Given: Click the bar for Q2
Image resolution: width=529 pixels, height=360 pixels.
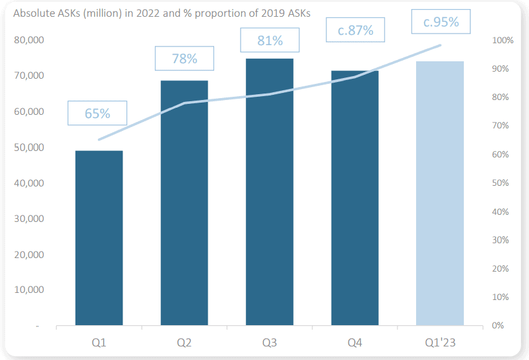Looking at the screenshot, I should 184,203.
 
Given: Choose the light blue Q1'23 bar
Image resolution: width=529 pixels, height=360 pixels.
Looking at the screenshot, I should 440,193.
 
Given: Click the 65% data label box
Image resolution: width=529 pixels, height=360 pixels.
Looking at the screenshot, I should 97,114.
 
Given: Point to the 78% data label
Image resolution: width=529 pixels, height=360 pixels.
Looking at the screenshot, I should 184,59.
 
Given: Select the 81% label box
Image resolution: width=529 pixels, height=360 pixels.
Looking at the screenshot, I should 270,41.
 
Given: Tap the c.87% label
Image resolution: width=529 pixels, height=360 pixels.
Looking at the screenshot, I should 355,30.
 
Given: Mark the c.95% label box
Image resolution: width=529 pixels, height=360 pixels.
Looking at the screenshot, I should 441,22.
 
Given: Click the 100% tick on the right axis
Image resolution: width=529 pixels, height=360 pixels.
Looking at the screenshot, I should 503,40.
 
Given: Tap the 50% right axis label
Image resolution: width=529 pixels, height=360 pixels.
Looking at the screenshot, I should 501,183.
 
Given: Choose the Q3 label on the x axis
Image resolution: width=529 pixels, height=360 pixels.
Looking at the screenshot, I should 270,343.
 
